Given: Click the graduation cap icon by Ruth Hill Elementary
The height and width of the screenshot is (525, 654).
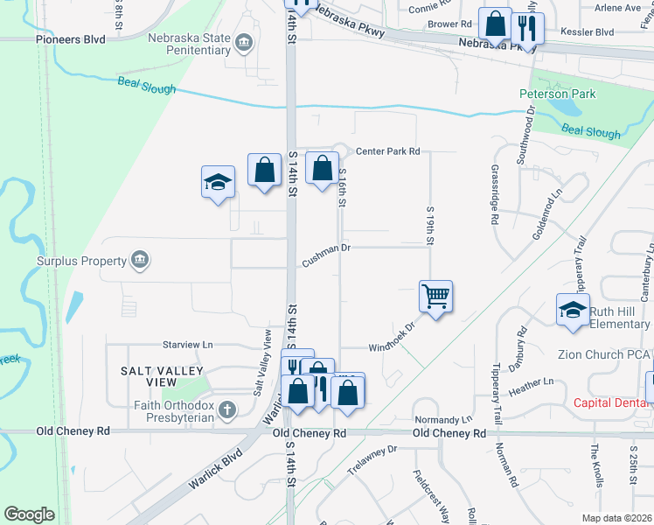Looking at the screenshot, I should point(573,311).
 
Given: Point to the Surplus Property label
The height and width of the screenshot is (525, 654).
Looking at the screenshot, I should point(82,260).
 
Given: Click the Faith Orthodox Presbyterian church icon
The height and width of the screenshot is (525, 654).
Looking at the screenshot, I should point(226,409).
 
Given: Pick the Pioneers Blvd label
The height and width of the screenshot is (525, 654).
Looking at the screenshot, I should point(70,39).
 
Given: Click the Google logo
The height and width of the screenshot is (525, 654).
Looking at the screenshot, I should point(30,514).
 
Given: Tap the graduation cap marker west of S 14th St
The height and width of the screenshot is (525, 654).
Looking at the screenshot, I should point(218,182).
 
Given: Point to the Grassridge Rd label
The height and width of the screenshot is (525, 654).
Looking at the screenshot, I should point(494,194).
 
